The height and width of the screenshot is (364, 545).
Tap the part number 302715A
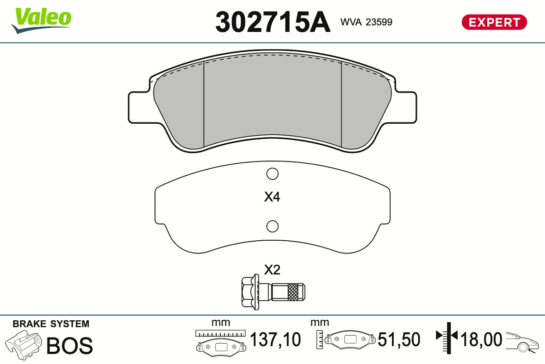273,22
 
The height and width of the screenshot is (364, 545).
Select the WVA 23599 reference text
366,22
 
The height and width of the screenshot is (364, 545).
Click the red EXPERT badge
494,22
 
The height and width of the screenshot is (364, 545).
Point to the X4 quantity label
272,197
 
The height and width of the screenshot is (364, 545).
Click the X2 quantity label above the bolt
272,270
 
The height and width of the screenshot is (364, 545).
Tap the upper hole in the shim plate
272,174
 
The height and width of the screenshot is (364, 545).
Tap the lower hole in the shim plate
272,226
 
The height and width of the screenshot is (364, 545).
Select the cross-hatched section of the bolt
292,292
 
